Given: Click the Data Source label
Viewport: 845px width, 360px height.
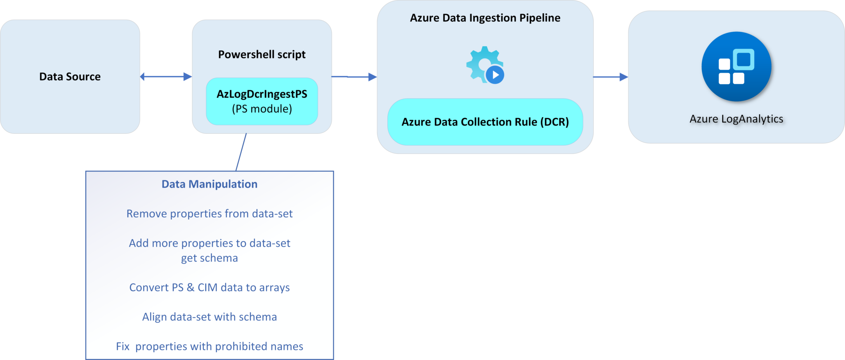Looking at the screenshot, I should pyautogui.click(x=70, y=77).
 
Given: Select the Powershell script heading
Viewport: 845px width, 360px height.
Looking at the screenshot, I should pyautogui.click(x=262, y=54).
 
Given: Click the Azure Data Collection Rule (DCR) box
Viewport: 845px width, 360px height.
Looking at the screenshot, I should pyautogui.click(x=485, y=122).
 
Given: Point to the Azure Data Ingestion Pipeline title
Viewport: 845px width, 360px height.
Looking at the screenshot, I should pyautogui.click(x=485, y=18).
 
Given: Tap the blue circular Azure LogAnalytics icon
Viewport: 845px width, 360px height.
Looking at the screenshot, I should pyautogui.click(x=736, y=66).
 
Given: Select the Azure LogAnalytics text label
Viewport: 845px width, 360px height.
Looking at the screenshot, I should pyautogui.click(x=736, y=119).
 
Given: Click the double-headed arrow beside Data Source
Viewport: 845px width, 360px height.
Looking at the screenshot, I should pyautogui.click(x=166, y=77).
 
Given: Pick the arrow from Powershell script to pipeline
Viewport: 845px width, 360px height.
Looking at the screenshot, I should pyautogui.click(x=354, y=77).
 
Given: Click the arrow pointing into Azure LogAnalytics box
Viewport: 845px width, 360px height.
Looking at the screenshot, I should pyautogui.click(x=610, y=77).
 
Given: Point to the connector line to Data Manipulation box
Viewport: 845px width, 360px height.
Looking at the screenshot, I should pyautogui.click(x=241, y=152).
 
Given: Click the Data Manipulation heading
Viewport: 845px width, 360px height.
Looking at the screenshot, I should pyautogui.click(x=209, y=184).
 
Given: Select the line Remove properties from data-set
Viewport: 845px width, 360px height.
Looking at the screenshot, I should pyautogui.click(x=209, y=214).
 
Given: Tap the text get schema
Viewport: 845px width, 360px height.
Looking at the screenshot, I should pyautogui.click(x=209, y=258).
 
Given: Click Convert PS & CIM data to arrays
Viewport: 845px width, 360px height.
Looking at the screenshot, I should pyautogui.click(x=209, y=287).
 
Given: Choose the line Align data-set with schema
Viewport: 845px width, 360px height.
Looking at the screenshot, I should pyautogui.click(x=209, y=317).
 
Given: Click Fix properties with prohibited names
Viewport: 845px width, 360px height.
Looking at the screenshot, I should pyautogui.click(x=209, y=346).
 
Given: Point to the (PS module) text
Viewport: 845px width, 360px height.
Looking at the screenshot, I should pyautogui.click(x=262, y=109).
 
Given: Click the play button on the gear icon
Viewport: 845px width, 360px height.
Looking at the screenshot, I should pyautogui.click(x=495, y=75).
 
